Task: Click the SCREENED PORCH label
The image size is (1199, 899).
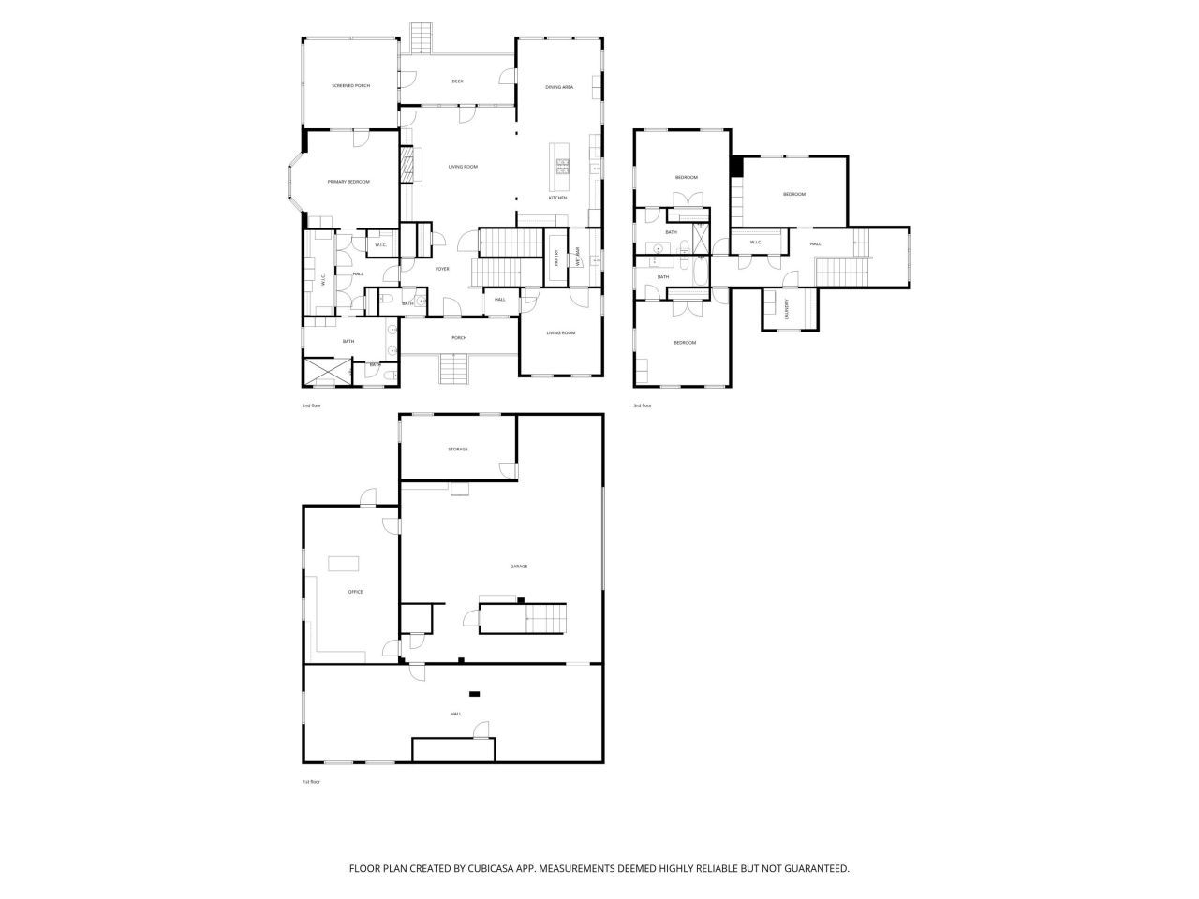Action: [350, 86]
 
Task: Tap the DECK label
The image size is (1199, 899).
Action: [457, 81]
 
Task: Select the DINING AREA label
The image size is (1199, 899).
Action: [559, 87]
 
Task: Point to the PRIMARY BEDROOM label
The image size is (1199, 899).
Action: [348, 182]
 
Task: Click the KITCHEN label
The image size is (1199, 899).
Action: [557, 198]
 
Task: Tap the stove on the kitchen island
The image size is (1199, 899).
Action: [563, 167]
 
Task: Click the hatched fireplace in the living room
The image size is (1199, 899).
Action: [407, 167]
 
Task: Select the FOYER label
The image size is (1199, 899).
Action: [442, 269]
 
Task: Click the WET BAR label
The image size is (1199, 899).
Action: [578, 256]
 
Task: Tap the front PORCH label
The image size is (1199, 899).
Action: [459, 338]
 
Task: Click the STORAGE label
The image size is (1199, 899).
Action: [457, 449]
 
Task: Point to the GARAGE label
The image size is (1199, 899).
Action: [518, 567]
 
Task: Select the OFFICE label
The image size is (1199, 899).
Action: [355, 592]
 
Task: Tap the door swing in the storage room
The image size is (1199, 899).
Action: [507, 468]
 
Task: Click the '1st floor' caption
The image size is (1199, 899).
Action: [311, 782]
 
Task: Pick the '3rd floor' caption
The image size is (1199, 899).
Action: [642, 405]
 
